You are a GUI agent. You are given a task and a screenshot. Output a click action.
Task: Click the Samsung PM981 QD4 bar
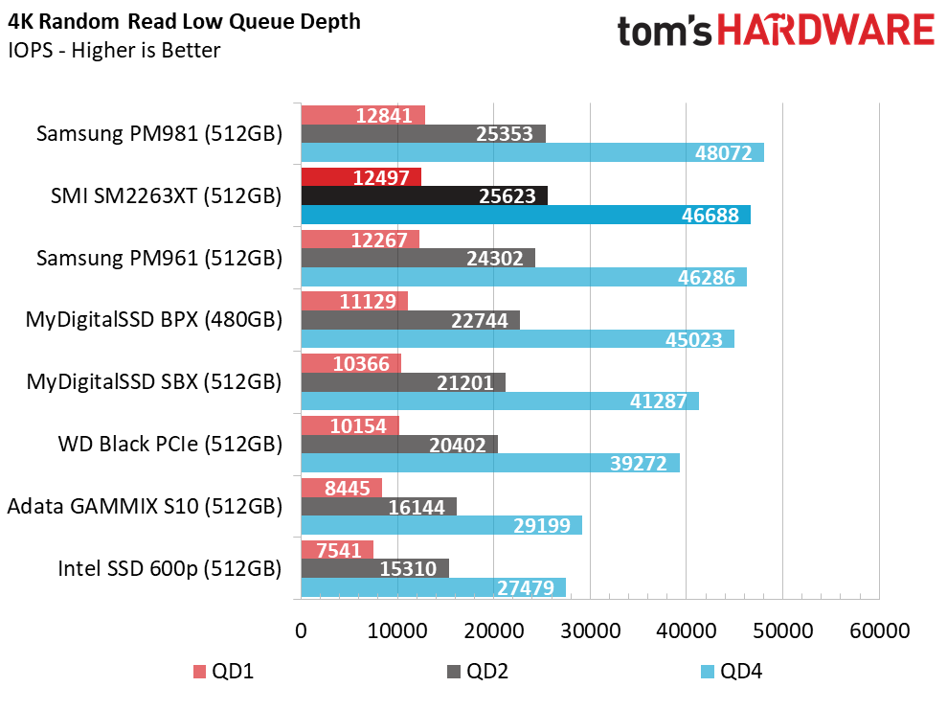point(531,153)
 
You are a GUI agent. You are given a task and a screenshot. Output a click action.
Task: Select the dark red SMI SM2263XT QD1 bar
point(361,177)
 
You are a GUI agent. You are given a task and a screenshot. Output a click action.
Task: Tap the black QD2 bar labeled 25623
point(424,195)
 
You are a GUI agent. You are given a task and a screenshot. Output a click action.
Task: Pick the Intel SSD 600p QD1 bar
point(337,550)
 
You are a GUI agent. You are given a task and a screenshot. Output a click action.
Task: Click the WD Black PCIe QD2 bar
point(399,445)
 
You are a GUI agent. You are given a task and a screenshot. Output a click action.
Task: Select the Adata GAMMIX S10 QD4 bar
point(441,525)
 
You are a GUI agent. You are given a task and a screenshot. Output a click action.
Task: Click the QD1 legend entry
point(223,672)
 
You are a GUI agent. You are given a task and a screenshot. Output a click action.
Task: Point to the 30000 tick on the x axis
point(590,632)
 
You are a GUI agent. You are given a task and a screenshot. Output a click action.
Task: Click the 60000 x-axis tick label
point(879,632)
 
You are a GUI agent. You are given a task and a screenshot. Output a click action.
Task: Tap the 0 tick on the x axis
point(302,632)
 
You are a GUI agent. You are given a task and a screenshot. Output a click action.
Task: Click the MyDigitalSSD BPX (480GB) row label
point(154,320)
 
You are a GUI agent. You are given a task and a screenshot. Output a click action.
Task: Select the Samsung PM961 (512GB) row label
point(159,258)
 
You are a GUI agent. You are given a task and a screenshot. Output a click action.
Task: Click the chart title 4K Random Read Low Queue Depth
point(185,21)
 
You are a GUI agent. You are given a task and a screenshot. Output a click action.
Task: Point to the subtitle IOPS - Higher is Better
point(114,50)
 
